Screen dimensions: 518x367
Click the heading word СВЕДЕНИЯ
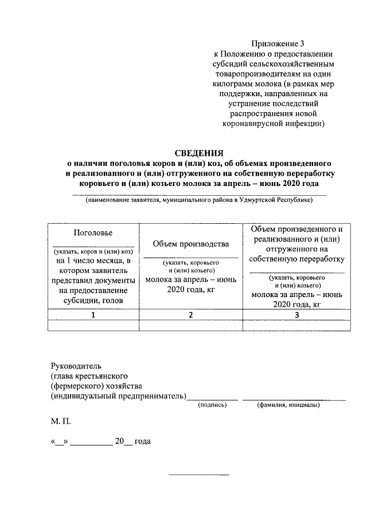[198, 152]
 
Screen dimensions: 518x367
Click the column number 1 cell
[93, 315]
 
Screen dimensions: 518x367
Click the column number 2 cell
[191, 315]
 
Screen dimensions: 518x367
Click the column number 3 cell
[296, 315]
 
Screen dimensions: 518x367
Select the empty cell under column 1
[93, 325]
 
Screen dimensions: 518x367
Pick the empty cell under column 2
[191, 325]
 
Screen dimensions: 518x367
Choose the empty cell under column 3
[296, 325]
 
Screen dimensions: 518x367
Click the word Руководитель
[76, 365]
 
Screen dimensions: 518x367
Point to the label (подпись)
[212, 405]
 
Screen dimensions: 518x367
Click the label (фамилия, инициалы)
[288, 405]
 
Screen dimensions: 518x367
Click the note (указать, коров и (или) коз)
[93, 252]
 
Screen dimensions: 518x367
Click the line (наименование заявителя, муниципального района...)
[198, 201]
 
